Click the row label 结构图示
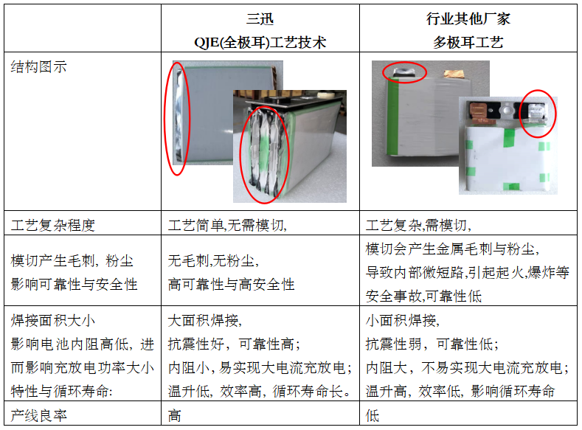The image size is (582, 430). coord(38,67)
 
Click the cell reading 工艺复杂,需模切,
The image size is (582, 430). coord(419,225)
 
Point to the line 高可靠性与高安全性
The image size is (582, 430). coord(232,284)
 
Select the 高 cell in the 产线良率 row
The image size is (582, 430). coord(175,415)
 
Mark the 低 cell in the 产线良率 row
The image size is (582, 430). coord(373,415)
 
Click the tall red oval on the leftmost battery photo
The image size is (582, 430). coord(177,118)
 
